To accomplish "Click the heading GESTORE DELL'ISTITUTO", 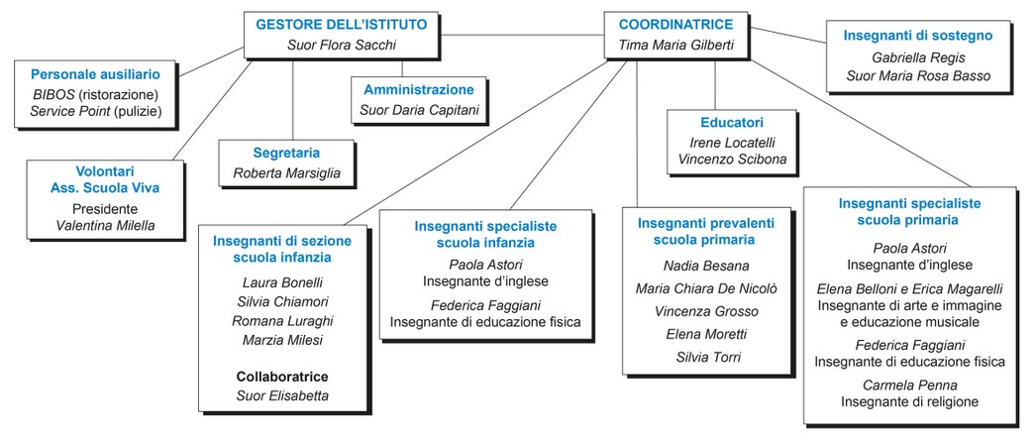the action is tap(341, 25).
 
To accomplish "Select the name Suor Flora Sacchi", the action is tap(342, 45).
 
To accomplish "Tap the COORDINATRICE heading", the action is tap(675, 25).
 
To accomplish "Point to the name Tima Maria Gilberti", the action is tap(675, 45).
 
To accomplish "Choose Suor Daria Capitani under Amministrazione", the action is tap(421, 110).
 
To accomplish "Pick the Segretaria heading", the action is tap(286, 153).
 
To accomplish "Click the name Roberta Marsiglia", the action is tap(286, 173).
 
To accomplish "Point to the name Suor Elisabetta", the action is tap(282, 395).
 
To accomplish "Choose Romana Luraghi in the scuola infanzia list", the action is tap(282, 321).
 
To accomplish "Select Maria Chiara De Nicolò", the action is tap(706, 288).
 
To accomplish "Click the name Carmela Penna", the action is tap(909, 385).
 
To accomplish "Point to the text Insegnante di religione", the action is tap(909, 401).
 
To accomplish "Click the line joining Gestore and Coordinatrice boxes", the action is tap(522, 34).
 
